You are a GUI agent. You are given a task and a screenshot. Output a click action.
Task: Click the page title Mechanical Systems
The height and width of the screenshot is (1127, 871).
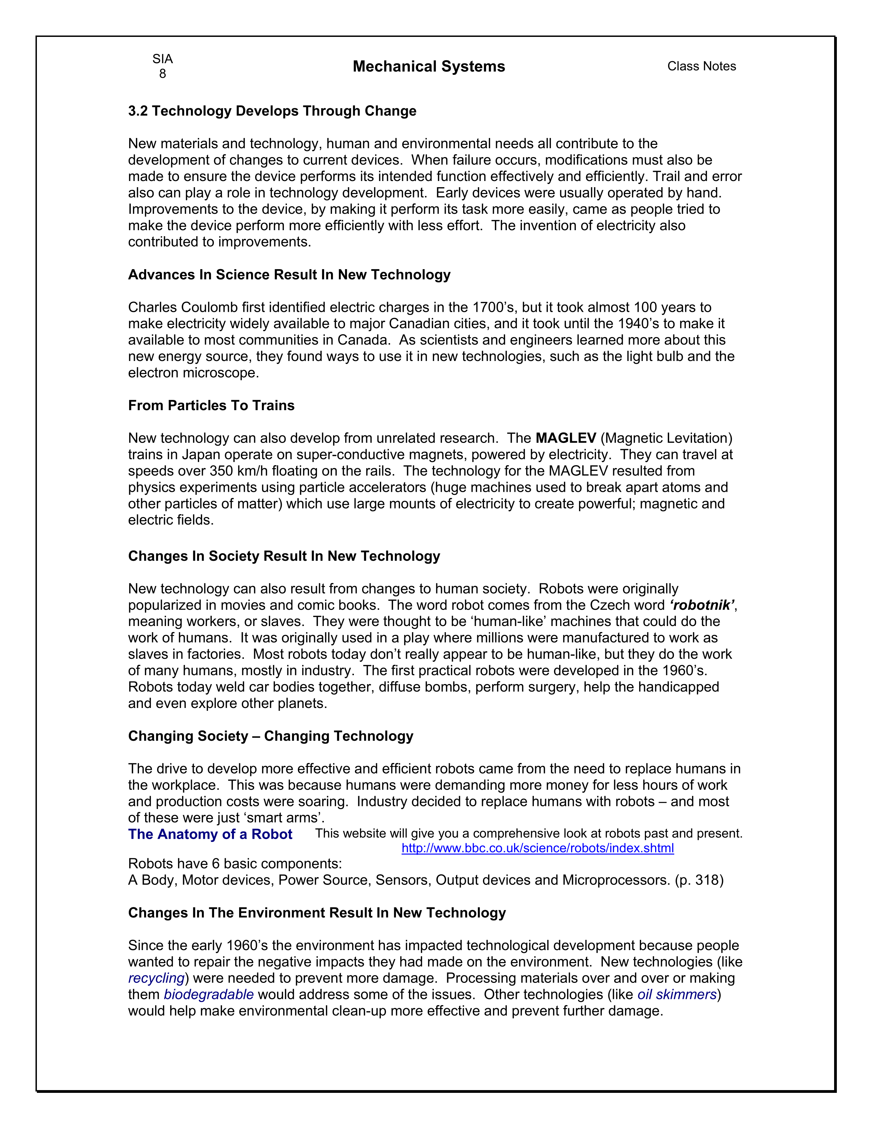coord(429,67)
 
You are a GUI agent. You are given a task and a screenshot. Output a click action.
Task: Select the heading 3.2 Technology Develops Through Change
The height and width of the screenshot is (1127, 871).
coord(272,111)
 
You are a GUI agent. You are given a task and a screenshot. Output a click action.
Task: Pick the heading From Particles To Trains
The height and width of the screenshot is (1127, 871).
coord(211,406)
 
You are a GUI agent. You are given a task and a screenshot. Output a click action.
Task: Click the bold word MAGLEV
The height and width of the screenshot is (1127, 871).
coord(566,438)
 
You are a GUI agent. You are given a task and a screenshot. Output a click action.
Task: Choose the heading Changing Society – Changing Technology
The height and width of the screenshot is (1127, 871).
coord(271,736)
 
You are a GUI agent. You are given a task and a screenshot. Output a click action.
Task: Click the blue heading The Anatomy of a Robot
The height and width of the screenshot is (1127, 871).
coord(210,834)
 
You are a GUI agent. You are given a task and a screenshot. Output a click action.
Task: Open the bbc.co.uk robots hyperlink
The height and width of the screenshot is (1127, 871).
coord(538,848)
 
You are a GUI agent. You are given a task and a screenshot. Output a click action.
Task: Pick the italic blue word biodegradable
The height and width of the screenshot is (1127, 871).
coord(208,995)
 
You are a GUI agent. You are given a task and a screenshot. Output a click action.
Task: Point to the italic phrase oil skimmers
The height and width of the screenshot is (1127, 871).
coord(677,995)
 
